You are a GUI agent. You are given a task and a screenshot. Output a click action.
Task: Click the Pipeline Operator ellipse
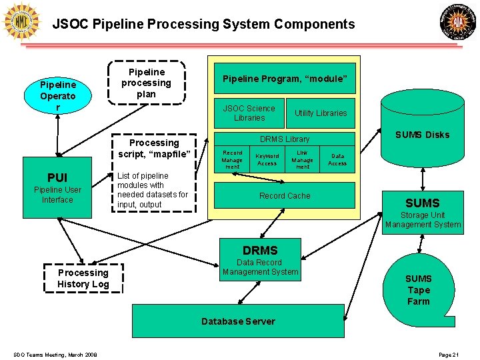tap(58, 96)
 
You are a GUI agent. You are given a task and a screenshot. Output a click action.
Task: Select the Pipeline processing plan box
tap(146, 83)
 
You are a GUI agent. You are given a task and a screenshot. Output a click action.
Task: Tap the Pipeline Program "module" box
tap(285, 79)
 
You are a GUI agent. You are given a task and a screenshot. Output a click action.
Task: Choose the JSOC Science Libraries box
tap(249, 113)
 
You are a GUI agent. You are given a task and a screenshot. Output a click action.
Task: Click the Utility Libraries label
tap(321, 113)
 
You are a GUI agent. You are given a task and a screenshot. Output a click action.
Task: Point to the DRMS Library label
tap(285, 139)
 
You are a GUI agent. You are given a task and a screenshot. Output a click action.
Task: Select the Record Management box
tap(232, 159)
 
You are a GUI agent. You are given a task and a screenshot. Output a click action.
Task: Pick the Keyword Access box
tap(267, 159)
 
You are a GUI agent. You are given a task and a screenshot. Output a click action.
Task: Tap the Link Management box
tap(302, 159)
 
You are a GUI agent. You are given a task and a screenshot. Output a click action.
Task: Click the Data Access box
tap(337, 159)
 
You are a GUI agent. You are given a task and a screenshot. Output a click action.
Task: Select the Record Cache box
tap(285, 196)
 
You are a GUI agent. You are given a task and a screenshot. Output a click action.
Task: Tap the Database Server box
tap(238, 321)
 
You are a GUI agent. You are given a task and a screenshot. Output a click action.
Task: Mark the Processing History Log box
tap(83, 278)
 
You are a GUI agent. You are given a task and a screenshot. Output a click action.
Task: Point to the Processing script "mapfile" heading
tap(154, 149)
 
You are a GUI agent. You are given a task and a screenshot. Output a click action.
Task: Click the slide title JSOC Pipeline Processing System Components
tap(204, 25)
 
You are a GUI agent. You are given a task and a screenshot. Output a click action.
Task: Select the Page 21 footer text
tap(449, 354)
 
